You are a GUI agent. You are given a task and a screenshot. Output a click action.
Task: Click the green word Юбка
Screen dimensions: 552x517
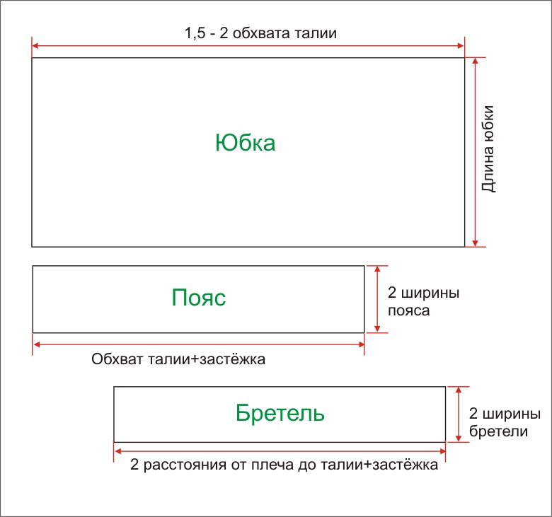pos(245,143)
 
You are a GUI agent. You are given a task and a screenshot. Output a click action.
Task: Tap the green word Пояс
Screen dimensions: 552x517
pos(199,297)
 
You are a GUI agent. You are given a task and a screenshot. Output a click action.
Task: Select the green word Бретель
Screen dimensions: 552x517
pos(280,412)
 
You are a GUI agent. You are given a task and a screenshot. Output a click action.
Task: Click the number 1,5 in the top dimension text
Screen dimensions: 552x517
pos(195,33)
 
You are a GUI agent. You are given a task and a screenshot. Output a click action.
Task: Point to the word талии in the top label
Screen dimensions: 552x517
pos(316,33)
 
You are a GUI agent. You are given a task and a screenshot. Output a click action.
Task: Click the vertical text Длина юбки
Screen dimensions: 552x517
pos(488,149)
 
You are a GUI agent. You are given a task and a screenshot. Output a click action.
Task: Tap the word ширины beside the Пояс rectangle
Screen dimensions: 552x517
pos(430,293)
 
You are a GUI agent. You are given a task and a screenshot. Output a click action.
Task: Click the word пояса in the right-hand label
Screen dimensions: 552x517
pos(409,310)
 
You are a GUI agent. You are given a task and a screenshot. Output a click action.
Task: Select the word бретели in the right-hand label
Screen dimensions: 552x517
pos(498,431)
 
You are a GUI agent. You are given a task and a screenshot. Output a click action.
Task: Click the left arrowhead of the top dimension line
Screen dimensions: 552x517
pos(35,46)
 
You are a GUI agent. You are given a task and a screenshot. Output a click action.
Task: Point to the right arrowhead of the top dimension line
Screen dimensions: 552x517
pos(461,46)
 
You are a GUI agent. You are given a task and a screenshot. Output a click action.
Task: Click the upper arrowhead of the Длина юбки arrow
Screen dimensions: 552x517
pos(476,61)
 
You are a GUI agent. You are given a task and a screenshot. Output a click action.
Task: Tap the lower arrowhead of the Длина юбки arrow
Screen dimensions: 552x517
pos(476,243)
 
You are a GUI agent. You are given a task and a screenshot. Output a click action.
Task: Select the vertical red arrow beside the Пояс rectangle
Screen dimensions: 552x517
pos(377,299)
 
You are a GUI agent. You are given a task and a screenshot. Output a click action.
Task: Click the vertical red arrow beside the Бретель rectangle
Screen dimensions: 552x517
pos(459,414)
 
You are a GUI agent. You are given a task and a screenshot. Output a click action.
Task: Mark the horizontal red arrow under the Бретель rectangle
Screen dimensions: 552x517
pos(280,451)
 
